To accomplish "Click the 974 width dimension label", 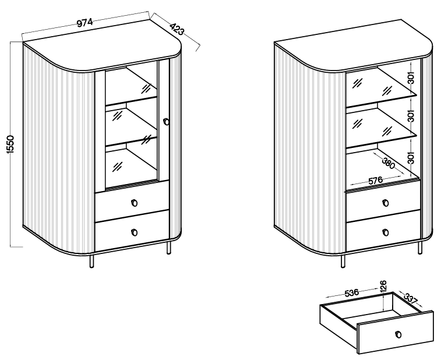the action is pyautogui.click(x=84, y=22).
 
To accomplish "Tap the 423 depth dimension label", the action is pyautogui.click(x=177, y=29).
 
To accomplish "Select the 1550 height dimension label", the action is pyautogui.click(x=10, y=144).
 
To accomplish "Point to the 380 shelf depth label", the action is pyautogui.click(x=389, y=164).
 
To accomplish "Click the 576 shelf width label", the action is pyautogui.click(x=376, y=180).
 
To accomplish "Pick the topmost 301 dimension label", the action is pyautogui.click(x=411, y=78).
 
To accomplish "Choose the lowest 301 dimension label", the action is pyautogui.click(x=411, y=157).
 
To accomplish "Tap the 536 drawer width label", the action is pyautogui.click(x=351, y=292).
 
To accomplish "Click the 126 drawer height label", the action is pyautogui.click(x=383, y=285).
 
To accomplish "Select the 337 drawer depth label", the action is pyautogui.click(x=411, y=298).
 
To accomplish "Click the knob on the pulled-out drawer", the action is pyautogui.click(x=398, y=334).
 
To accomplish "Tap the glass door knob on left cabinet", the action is pyautogui.click(x=166, y=122).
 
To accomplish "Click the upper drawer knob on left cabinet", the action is pyautogui.click(x=135, y=203).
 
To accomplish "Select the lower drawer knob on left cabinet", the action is pyautogui.click(x=135, y=232).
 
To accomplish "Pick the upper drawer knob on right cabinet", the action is pyautogui.click(x=386, y=203).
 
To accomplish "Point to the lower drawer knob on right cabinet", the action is pyautogui.click(x=386, y=232).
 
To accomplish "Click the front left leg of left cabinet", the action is pyautogui.click(x=91, y=262).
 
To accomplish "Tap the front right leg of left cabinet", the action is pyautogui.click(x=168, y=248).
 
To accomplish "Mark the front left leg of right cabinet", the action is pyautogui.click(x=343, y=262).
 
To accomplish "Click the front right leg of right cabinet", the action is pyautogui.click(x=419, y=248).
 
